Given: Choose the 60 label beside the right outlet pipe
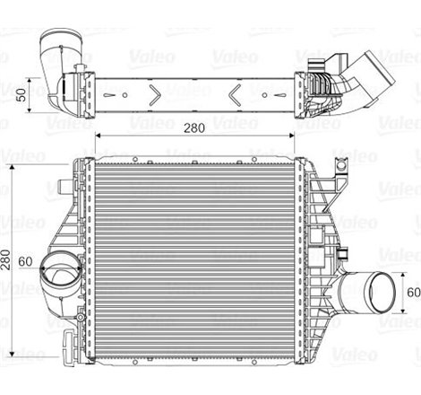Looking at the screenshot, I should (x=412, y=293).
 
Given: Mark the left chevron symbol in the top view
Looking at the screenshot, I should (x=157, y=92).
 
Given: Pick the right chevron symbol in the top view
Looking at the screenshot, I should (x=235, y=92).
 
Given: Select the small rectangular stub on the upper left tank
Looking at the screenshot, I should (x=63, y=188).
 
